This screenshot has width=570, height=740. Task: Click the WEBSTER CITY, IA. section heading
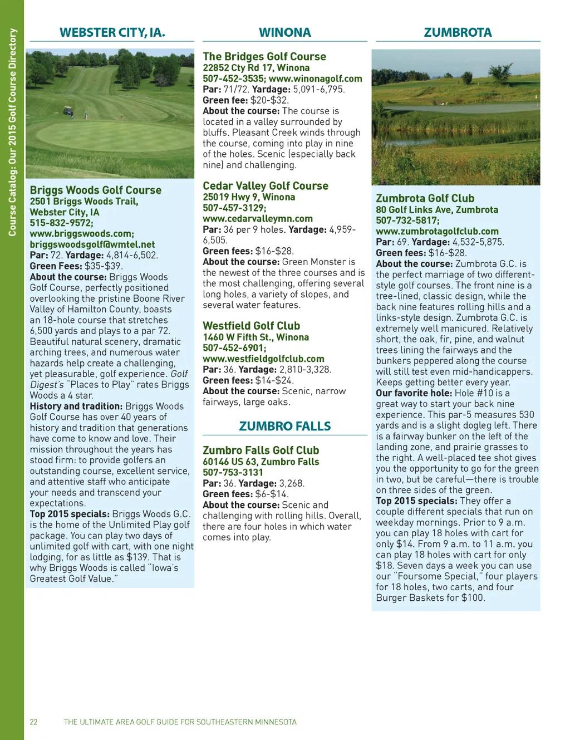click(x=112, y=32)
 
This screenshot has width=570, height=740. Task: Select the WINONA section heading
click(x=284, y=32)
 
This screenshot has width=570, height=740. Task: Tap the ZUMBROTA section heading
click(x=458, y=32)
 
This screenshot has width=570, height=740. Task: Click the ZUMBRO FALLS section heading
click(x=284, y=426)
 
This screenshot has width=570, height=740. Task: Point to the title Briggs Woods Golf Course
click(x=95, y=190)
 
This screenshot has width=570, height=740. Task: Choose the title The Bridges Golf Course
click(x=264, y=56)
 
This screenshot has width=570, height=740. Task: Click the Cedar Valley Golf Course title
click(x=266, y=186)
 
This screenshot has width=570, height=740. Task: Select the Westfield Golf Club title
click(x=251, y=326)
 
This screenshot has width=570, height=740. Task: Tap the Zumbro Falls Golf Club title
click(x=261, y=450)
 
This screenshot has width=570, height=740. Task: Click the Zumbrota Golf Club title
click(x=425, y=198)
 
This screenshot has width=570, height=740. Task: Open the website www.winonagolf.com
click(x=316, y=79)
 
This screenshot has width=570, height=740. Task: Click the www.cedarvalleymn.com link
click(x=258, y=219)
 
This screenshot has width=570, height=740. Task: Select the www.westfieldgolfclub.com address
click(x=263, y=359)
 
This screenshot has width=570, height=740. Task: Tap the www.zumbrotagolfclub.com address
click(x=437, y=231)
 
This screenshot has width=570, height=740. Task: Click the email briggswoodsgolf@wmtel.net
click(x=92, y=244)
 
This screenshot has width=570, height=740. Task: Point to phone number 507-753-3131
click(x=233, y=472)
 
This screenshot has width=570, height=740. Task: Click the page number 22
click(x=33, y=722)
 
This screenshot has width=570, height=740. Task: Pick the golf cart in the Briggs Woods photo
click(x=68, y=111)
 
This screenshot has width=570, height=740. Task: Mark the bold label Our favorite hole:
click(x=414, y=393)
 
